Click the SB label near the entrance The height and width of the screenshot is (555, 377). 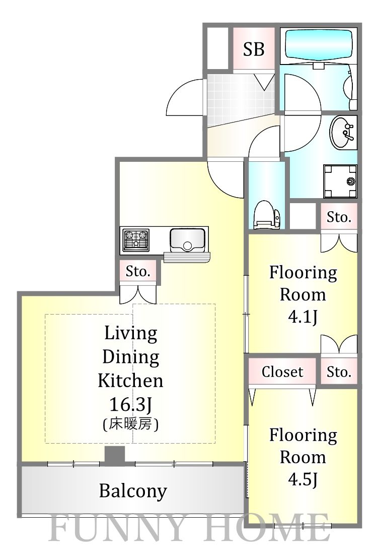click(x=254, y=49)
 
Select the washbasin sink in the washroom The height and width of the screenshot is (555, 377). click(x=343, y=134)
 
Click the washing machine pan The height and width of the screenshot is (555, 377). click(x=340, y=181)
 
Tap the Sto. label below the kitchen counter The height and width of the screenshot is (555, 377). click(x=138, y=272)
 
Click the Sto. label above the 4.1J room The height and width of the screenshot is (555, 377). click(x=339, y=217)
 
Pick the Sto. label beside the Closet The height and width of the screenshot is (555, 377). click(x=339, y=372)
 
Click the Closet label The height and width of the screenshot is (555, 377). click(x=282, y=372)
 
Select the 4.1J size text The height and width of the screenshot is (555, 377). click(x=303, y=318)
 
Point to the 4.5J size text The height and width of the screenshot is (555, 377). click(x=303, y=480)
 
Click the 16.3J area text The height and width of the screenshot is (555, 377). click(x=130, y=404)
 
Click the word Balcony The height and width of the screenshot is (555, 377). click(x=133, y=490)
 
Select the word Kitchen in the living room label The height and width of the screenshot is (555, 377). click(x=130, y=380)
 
